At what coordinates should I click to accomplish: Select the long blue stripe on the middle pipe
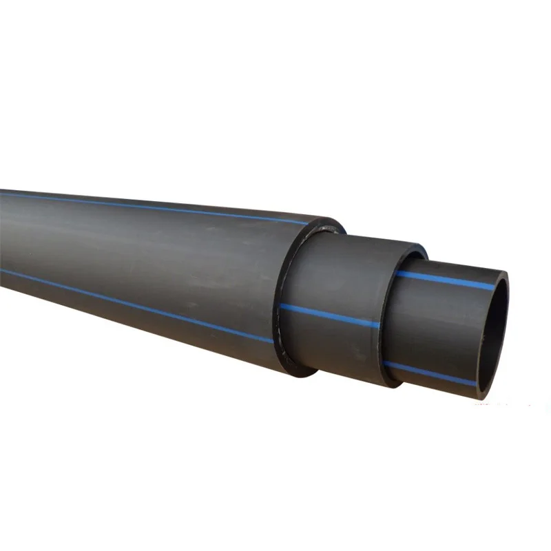pos(331,316)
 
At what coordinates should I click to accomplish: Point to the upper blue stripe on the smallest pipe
pos(448,279)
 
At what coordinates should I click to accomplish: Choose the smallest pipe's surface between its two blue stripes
pos(441,324)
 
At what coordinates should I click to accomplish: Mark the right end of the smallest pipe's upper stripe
pos(492,285)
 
